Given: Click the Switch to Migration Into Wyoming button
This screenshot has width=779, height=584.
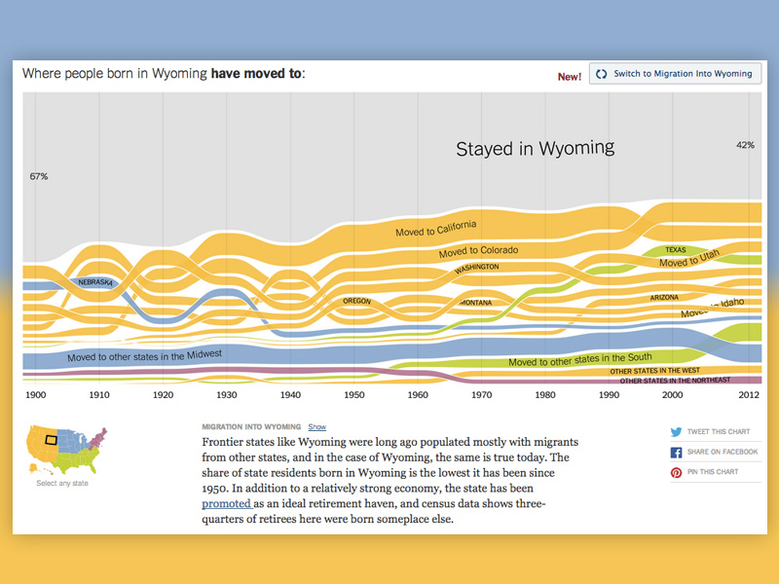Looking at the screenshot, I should [676, 74].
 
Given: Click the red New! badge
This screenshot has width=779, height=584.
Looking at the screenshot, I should [569, 76].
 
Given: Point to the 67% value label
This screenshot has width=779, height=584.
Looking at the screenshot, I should [39, 176].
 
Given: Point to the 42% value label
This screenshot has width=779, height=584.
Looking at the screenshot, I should [745, 145].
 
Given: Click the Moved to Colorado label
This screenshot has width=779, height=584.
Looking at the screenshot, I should [478, 251].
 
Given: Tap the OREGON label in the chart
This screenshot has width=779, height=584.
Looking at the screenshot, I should [356, 301].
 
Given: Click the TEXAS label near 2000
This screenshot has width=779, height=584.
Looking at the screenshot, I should [675, 250].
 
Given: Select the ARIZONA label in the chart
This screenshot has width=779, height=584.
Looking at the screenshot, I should [664, 297].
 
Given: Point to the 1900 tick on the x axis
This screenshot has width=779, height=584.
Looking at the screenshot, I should [35, 396].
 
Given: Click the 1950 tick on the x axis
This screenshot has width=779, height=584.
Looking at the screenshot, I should [353, 396].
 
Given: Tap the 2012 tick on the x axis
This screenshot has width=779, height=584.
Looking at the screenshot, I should [747, 396].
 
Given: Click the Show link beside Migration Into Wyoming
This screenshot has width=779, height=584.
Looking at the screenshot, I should [316, 427].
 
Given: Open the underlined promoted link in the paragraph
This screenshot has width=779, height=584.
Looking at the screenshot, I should [226, 504].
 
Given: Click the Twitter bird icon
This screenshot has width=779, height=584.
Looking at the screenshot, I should [676, 432].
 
